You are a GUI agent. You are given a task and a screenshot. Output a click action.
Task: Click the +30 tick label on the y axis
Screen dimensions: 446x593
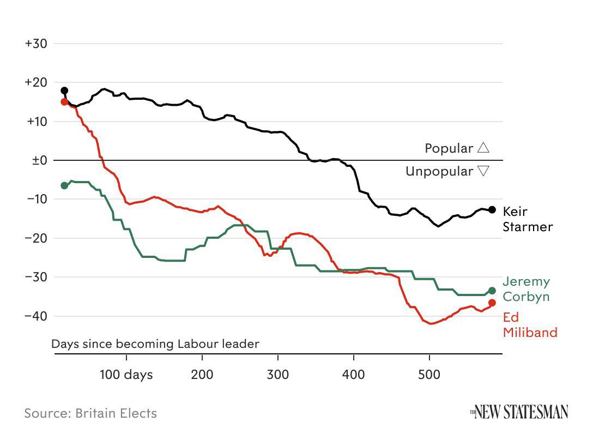[x=36, y=44]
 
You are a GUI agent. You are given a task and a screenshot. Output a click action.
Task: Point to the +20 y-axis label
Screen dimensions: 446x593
[x=36, y=82]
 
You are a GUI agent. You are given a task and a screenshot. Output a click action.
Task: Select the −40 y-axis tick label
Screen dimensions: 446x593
[x=36, y=316]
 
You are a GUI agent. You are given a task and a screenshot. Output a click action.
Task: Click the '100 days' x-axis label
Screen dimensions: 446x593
[x=126, y=375]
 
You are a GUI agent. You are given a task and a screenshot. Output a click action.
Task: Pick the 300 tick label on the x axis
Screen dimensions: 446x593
[x=278, y=375]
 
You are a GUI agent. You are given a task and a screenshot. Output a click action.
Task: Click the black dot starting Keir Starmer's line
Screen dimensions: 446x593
[x=64, y=91]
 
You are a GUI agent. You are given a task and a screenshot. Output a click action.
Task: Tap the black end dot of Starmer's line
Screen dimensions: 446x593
[x=492, y=210]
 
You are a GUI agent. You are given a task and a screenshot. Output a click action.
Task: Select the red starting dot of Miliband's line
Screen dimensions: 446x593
[x=64, y=102]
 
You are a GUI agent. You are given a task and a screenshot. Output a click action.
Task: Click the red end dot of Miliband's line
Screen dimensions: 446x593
[x=492, y=303]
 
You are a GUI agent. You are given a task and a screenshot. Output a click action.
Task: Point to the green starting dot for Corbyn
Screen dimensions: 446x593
[x=64, y=185]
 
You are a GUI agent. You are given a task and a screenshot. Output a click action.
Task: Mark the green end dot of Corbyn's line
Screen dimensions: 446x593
[x=492, y=291]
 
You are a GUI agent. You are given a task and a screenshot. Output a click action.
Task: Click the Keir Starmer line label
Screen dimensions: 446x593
[x=527, y=219]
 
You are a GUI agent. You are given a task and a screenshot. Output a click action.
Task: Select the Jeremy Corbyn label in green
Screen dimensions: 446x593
[x=526, y=289]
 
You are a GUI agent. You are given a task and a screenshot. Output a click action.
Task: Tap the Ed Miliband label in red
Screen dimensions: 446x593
[x=529, y=324]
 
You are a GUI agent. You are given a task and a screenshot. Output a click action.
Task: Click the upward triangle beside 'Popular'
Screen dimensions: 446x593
[x=483, y=148]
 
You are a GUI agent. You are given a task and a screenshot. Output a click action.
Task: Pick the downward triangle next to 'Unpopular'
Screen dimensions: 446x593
[x=483, y=171]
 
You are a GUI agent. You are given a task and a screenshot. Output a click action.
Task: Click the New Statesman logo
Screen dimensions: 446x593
[x=519, y=412]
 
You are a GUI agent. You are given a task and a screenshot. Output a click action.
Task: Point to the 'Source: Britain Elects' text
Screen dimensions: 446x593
[x=90, y=413]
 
